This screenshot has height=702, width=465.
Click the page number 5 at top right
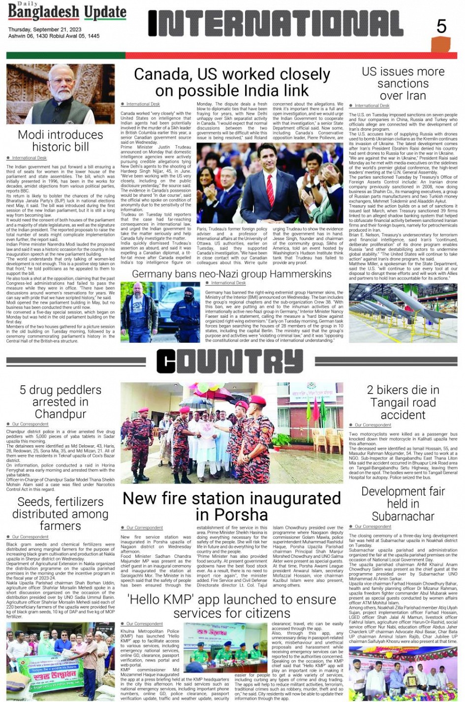(x=441, y=26)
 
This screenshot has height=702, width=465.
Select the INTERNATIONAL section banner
(x=276, y=24)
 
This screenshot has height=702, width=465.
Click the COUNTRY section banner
(x=230, y=362)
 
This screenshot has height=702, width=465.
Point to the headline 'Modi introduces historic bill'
(x=61, y=141)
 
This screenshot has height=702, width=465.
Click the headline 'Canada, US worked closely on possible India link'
(x=232, y=83)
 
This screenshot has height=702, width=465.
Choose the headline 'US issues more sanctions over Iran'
(x=403, y=83)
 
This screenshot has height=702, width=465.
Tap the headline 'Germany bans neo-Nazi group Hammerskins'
(x=232, y=274)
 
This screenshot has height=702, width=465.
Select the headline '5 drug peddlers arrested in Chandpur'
(x=61, y=402)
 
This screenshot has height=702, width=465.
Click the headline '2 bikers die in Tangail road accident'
(x=403, y=402)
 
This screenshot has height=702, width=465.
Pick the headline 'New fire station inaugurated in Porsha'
(x=232, y=506)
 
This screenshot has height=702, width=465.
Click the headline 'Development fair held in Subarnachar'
(x=403, y=504)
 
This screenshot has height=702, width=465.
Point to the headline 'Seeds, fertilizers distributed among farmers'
(x=61, y=514)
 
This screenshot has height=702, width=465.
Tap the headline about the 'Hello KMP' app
(x=232, y=606)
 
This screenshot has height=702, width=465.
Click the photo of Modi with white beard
(x=61, y=94)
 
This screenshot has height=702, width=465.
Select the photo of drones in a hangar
(x=403, y=313)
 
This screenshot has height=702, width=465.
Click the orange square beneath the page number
(x=440, y=45)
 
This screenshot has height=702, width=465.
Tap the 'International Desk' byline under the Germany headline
(x=228, y=283)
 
